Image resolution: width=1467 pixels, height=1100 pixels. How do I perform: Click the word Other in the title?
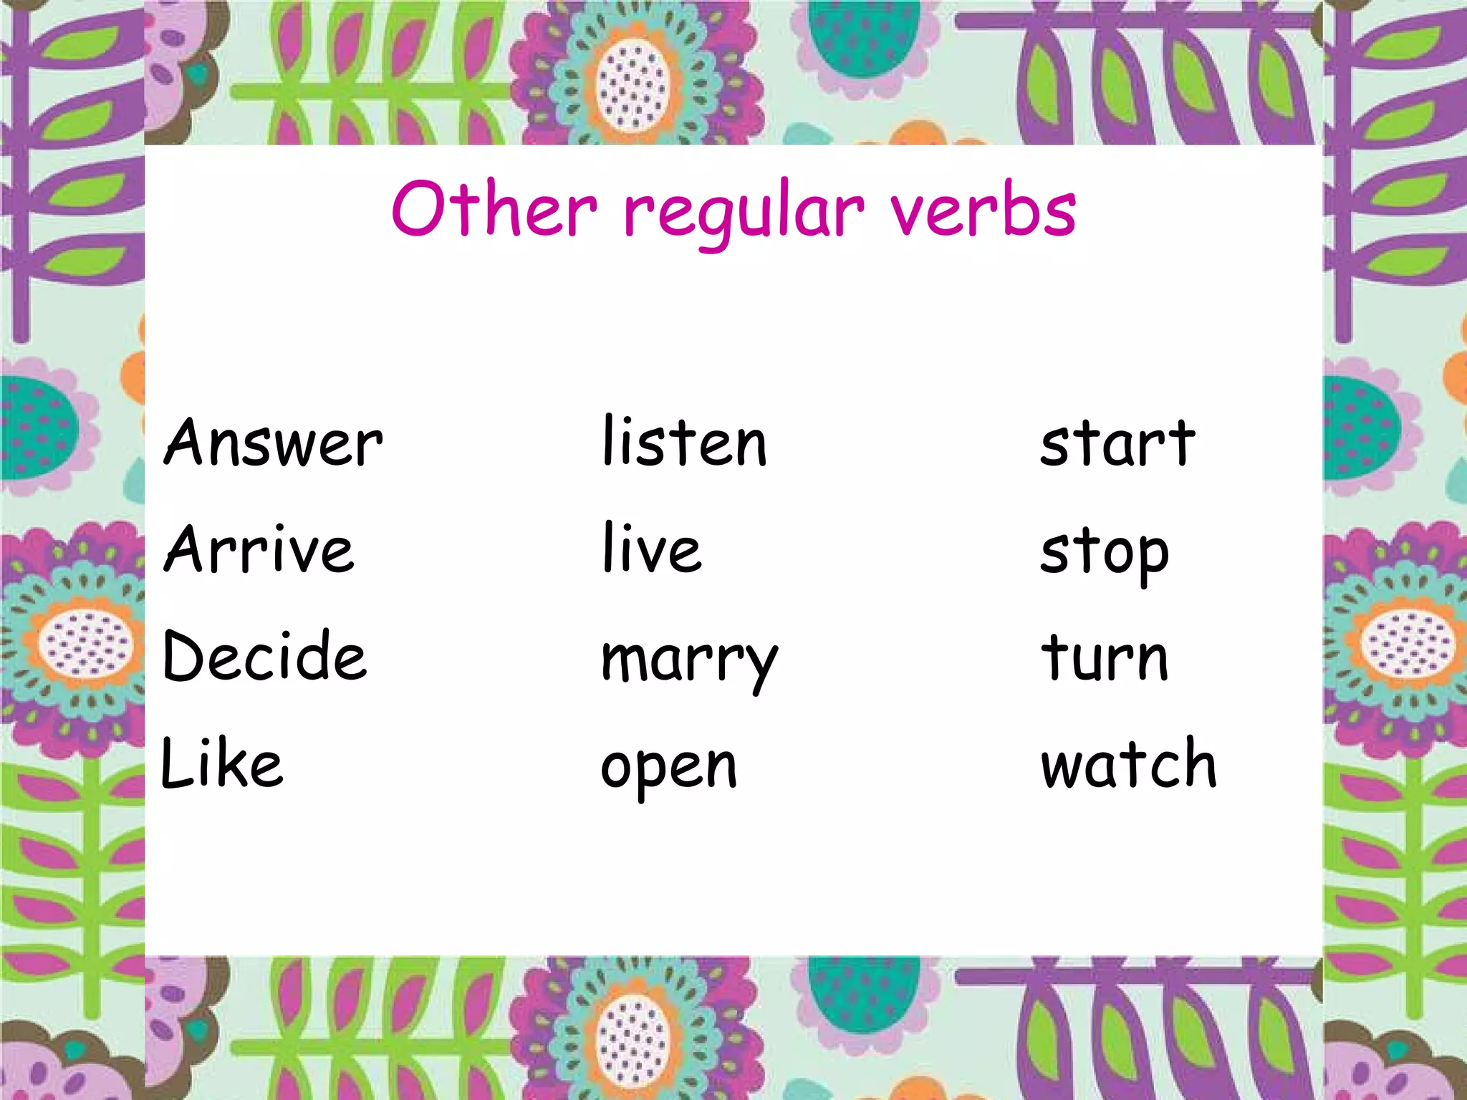click(x=494, y=208)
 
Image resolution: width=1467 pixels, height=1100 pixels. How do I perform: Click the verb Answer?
click(x=273, y=443)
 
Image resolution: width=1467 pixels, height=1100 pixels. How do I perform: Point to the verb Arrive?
click(x=259, y=549)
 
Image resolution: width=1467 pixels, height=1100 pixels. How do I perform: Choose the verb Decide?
click(x=264, y=656)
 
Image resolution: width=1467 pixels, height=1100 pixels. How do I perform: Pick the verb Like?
click(x=222, y=763)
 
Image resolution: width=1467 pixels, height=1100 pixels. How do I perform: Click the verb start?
click(x=1117, y=443)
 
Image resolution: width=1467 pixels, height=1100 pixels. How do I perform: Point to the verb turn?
click(x=1105, y=657)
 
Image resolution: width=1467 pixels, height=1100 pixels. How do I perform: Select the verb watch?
click(x=1129, y=763)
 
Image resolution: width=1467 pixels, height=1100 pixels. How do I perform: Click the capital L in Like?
click(x=177, y=763)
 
